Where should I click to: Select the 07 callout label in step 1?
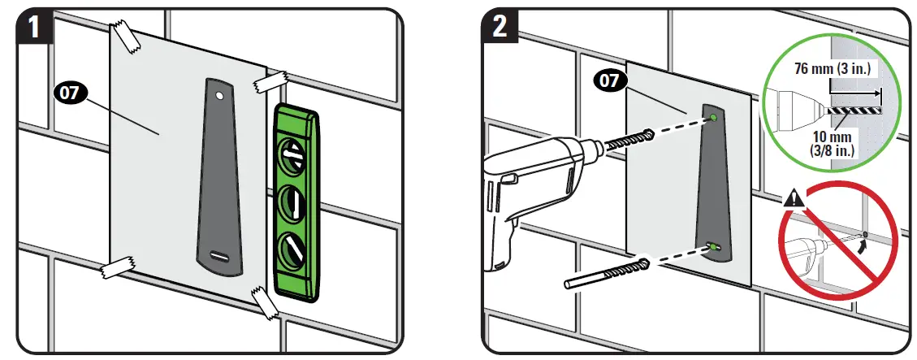click(x=70, y=93)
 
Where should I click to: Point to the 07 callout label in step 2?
click(x=610, y=80)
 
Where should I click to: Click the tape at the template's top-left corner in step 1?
click(x=125, y=37)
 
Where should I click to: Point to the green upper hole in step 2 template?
click(x=712, y=118)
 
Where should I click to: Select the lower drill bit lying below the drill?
click(x=605, y=273)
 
